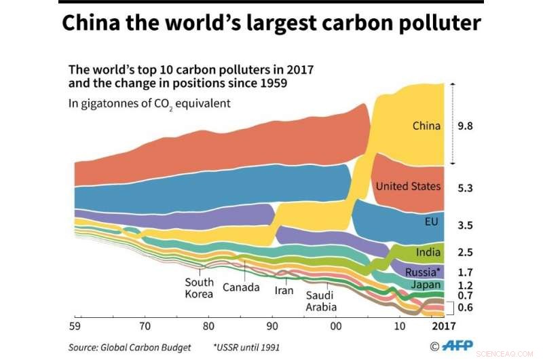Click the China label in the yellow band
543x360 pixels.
click(x=426, y=126)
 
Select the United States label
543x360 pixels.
click(x=408, y=186)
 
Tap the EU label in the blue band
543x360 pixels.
click(x=431, y=222)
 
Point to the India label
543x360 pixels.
click(x=428, y=253)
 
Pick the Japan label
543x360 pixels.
click(x=426, y=285)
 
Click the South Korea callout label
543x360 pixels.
click(x=199, y=288)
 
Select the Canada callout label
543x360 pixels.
click(x=241, y=287)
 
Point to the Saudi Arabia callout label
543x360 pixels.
click(x=321, y=301)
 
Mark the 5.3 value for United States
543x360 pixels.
click(x=465, y=188)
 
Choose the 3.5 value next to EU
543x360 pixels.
click(x=465, y=226)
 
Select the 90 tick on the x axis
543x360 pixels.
click(x=271, y=325)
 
